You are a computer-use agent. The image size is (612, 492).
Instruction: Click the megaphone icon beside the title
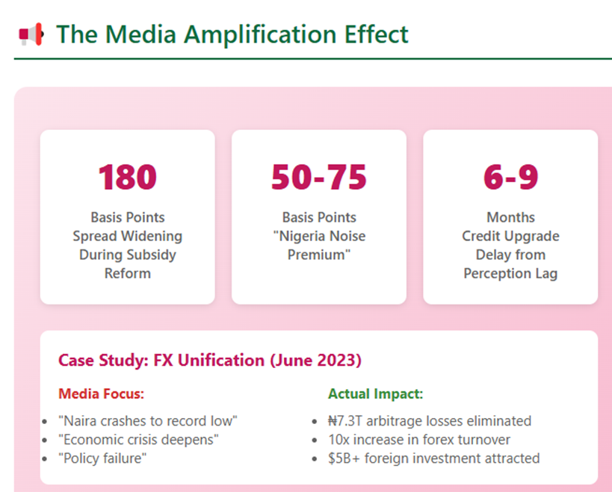[31, 34]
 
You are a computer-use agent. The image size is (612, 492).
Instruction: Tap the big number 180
[128, 178]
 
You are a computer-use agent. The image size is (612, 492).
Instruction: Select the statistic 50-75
[319, 178]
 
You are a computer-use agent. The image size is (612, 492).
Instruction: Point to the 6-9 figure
[510, 178]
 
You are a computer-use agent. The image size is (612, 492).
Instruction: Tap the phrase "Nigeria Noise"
[319, 236]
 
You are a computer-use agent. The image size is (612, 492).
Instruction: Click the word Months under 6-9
[510, 217]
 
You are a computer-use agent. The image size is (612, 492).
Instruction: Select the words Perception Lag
[510, 274]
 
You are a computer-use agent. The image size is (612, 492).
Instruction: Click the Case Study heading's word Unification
[221, 360]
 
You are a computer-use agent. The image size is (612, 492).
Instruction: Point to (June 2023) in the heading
[316, 361]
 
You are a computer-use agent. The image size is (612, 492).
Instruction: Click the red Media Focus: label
[101, 393]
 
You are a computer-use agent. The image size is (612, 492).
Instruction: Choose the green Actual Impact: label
[375, 393]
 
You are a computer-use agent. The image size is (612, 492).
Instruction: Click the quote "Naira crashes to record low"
[147, 421]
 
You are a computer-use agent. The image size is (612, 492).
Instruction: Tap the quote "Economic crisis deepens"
[138, 440]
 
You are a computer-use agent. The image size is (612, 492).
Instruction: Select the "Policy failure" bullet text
[102, 458]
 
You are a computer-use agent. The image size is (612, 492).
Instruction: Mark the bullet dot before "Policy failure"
[45, 459]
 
